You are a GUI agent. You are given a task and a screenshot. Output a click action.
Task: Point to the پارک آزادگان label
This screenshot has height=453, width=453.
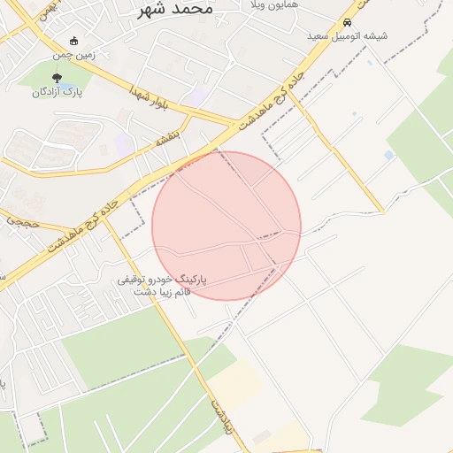tap(58, 92)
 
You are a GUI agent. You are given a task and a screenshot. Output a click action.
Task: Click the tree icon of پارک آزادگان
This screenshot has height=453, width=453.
tap(58, 78)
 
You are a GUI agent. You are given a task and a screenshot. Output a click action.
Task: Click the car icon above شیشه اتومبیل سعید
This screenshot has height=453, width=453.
tap(347, 22)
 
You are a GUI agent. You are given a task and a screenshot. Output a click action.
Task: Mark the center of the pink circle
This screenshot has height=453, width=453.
tap(226, 226)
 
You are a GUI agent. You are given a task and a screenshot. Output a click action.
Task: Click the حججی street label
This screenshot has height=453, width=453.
tap(23, 222)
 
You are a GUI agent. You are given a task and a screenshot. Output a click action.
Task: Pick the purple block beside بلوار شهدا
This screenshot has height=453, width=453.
tap(200, 94)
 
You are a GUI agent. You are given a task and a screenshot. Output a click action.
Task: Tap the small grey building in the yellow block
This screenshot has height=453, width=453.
tap(262, 437)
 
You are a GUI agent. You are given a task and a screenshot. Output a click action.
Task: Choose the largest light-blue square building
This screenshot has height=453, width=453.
tap(389, 155)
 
